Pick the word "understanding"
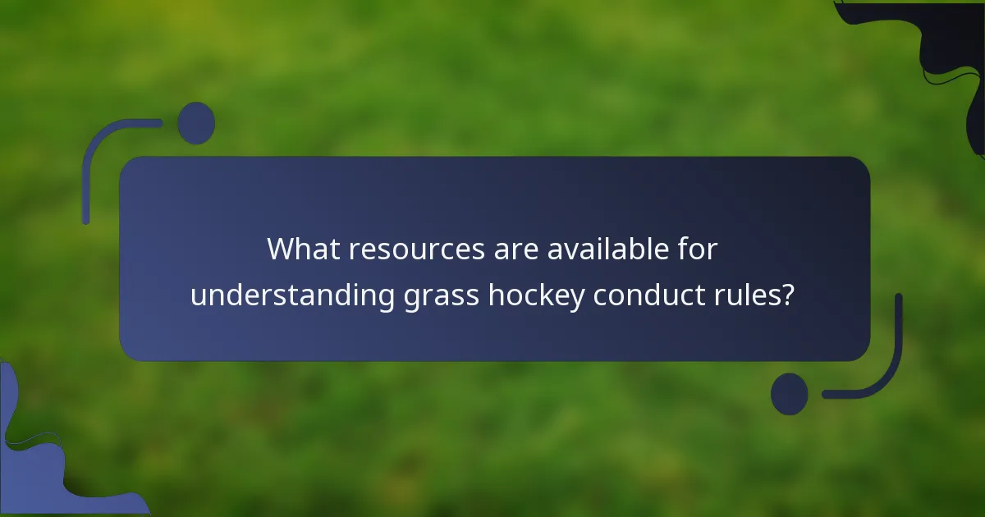pyautogui.click(x=292, y=295)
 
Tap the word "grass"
pyautogui.click(x=442, y=297)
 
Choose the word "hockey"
pyautogui.click(x=537, y=295)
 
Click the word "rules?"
pyautogui.click(x=755, y=295)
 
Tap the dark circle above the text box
pyautogui.click(x=196, y=123)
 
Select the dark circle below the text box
pyautogui.click(x=790, y=394)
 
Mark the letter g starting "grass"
pyautogui.click(x=413, y=298)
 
